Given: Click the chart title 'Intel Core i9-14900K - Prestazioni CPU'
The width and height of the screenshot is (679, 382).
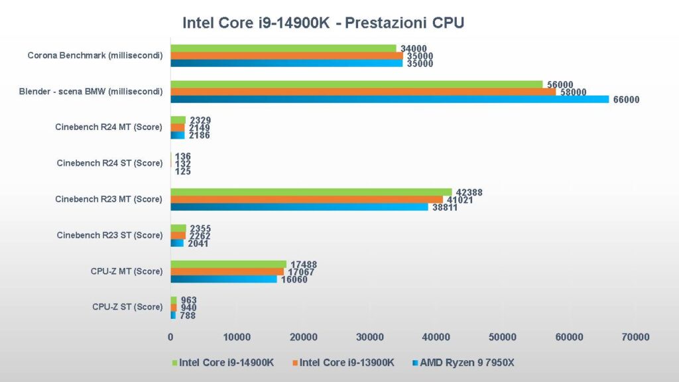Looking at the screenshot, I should click(x=323, y=23).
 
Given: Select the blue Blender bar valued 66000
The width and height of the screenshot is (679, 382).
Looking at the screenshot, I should click(x=389, y=99).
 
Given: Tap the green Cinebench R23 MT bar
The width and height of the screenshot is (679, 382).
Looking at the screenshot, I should click(x=311, y=192).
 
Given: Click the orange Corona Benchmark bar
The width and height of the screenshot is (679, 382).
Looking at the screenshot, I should click(x=286, y=56).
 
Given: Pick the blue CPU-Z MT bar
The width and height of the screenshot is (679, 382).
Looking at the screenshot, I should click(x=223, y=279).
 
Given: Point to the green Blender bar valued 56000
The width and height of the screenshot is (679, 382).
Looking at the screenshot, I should click(x=356, y=84).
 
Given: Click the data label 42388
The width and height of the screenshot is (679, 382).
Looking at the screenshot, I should click(x=469, y=192).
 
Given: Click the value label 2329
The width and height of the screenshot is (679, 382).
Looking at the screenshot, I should click(x=200, y=120).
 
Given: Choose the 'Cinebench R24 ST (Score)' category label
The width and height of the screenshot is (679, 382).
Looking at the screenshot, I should click(x=109, y=163).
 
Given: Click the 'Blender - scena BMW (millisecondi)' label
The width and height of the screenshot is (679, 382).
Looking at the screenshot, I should click(x=91, y=92).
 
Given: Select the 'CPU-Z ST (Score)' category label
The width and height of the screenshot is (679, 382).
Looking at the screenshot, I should click(x=127, y=306).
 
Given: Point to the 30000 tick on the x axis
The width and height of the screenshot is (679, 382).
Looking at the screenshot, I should click(x=369, y=338).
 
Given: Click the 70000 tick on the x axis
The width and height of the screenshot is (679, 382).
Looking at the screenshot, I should click(x=635, y=338).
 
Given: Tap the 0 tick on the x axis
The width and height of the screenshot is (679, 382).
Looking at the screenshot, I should click(x=170, y=338).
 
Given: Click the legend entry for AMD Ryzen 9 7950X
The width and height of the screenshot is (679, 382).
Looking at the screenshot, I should click(x=473, y=363).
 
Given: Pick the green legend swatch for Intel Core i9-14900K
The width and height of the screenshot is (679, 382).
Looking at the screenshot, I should click(x=175, y=363).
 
